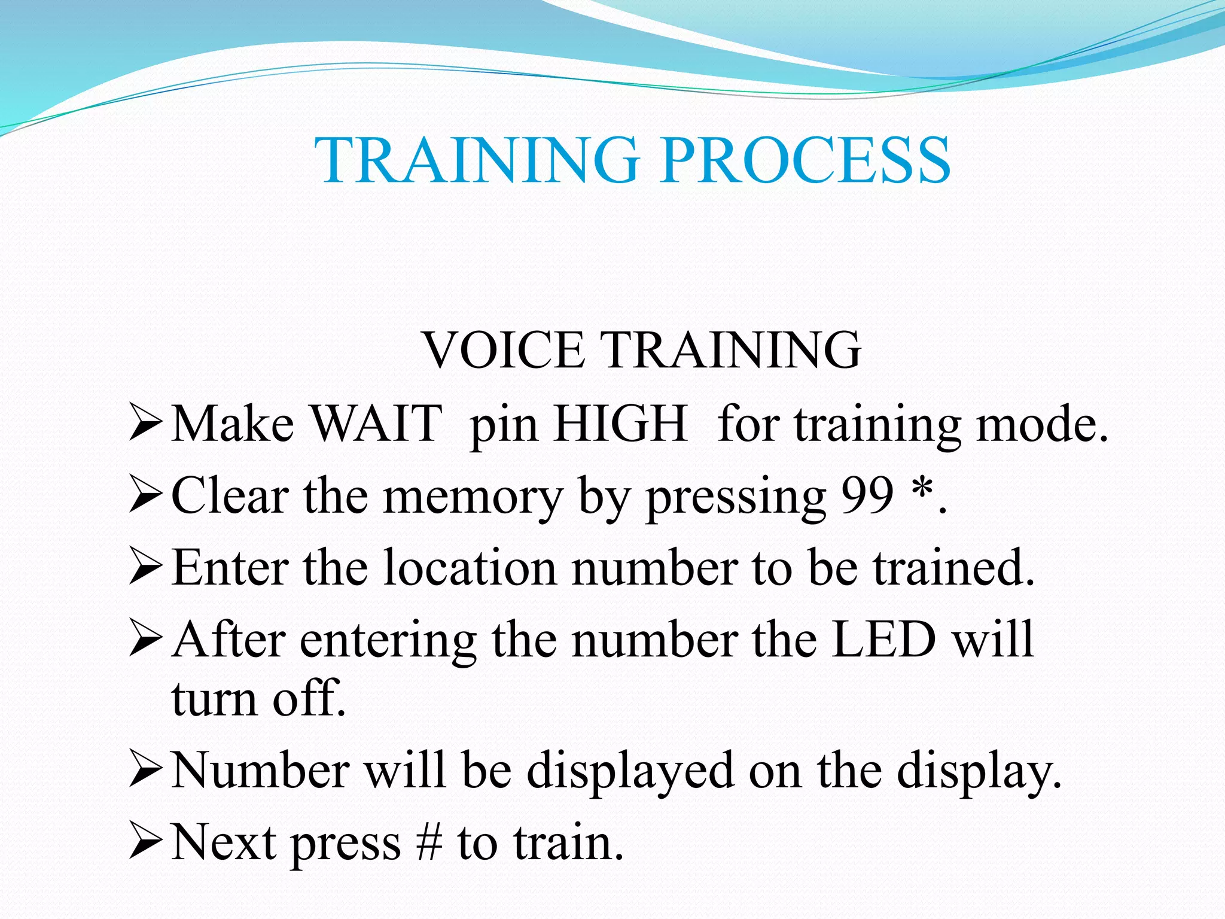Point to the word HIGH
pyautogui.click(x=620, y=424)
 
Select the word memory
pyautogui.click(x=473, y=498)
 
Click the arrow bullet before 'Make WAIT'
pyautogui.click(x=145, y=424)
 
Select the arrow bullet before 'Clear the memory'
pyautogui.click(x=145, y=496)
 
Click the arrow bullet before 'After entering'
pyautogui.click(x=145, y=640)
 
